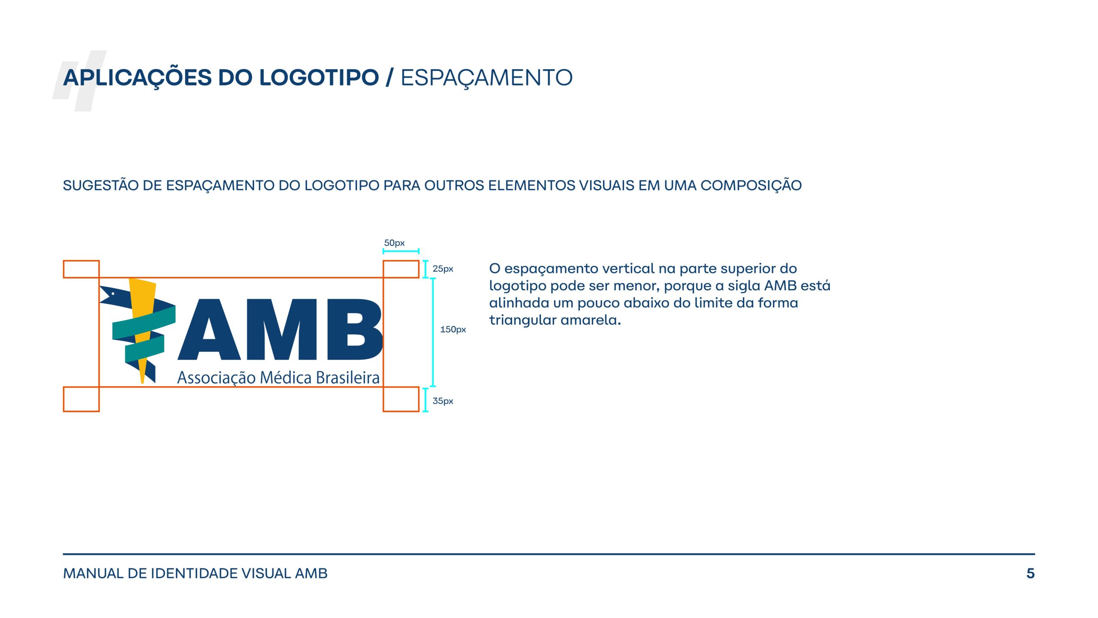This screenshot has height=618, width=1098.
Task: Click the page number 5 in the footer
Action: pyautogui.click(x=1030, y=573)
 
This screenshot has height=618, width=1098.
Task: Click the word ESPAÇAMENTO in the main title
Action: pyautogui.click(x=486, y=78)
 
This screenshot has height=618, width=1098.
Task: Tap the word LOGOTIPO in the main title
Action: pyautogui.click(x=319, y=78)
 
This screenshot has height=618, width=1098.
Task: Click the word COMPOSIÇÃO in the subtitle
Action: pyautogui.click(x=751, y=185)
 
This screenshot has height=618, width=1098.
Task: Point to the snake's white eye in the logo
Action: pyautogui.click(x=113, y=294)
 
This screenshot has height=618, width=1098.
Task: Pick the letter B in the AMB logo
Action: pyautogui.click(x=355, y=329)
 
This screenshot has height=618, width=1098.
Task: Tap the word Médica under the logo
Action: pyautogui.click(x=286, y=378)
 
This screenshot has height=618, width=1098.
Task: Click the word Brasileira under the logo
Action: pyautogui.click(x=348, y=378)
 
